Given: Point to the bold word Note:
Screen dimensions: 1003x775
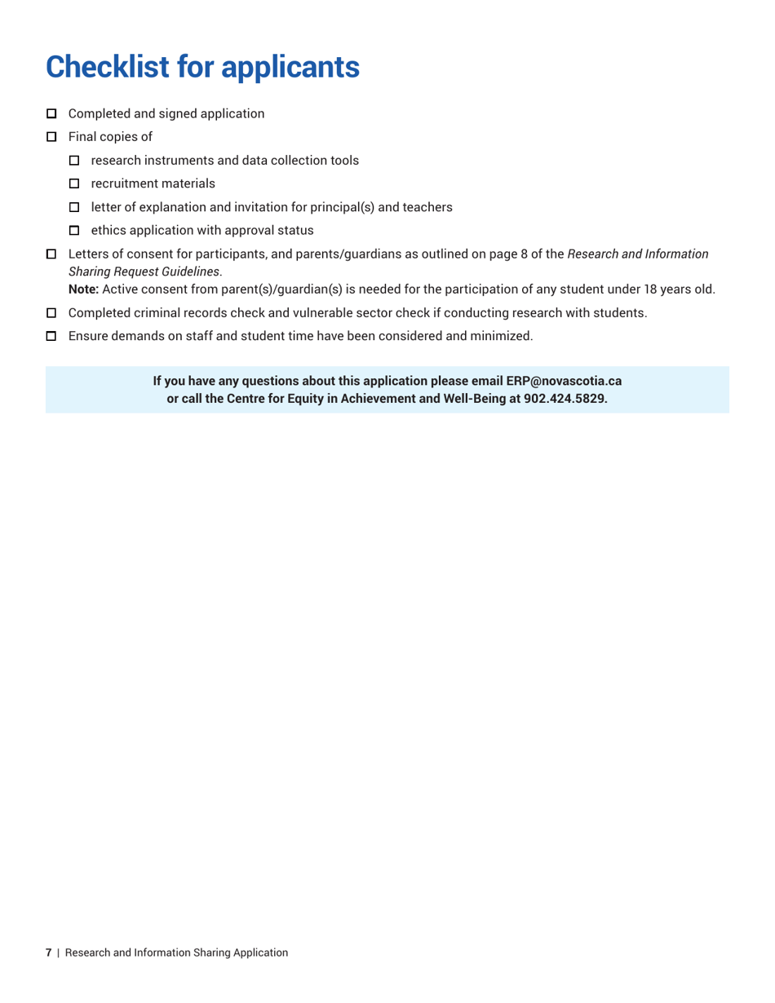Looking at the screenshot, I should click(84, 289).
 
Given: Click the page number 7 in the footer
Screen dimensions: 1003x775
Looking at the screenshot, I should click(48, 952).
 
